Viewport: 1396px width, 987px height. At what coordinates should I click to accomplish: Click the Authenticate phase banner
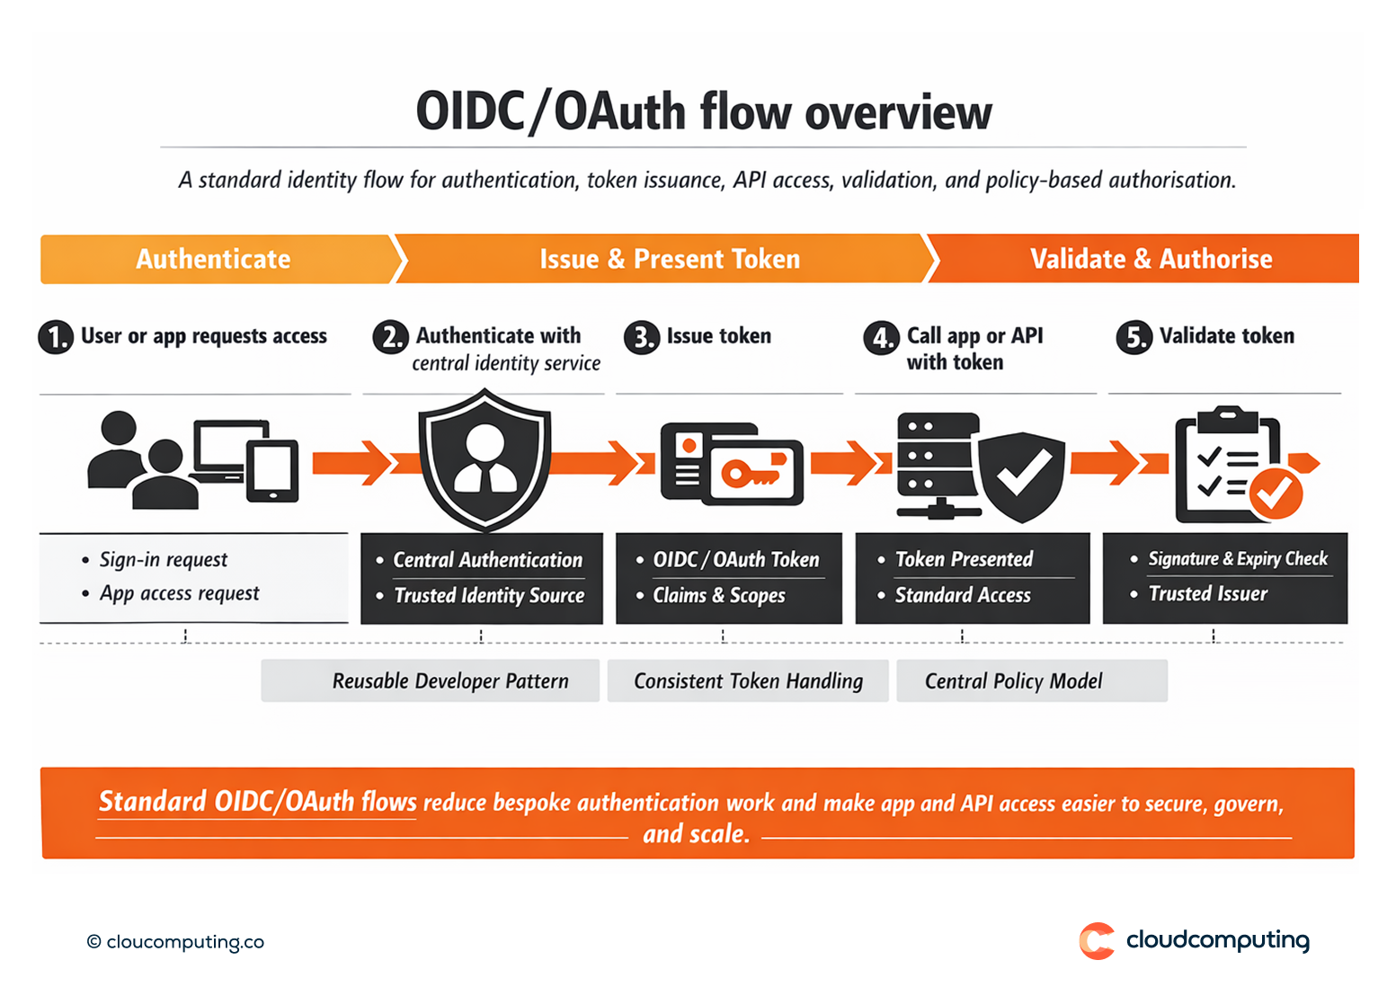click(214, 259)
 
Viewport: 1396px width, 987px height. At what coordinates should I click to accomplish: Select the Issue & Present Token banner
click(669, 259)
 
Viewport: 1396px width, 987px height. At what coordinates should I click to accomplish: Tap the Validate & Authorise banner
click(1151, 259)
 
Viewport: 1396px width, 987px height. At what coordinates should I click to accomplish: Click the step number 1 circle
click(56, 337)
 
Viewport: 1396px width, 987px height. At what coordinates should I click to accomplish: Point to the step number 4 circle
click(881, 338)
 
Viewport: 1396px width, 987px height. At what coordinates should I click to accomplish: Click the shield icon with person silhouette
click(485, 458)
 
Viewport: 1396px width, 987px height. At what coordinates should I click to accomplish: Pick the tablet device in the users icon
click(272, 471)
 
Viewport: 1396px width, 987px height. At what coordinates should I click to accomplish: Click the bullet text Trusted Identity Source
click(489, 595)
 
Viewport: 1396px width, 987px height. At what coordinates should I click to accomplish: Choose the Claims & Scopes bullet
click(718, 595)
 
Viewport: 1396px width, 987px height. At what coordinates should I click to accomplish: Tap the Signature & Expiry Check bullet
click(1237, 558)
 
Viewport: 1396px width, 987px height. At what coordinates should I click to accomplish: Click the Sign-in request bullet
click(163, 559)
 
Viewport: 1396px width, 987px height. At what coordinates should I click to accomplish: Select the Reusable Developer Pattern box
click(431, 680)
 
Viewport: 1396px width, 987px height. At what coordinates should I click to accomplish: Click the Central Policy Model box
click(1031, 680)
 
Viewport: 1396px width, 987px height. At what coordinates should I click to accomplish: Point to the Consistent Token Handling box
click(748, 680)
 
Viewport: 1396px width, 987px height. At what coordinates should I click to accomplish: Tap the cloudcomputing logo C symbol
click(1097, 941)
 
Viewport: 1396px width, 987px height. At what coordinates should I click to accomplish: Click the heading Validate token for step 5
click(1226, 336)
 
